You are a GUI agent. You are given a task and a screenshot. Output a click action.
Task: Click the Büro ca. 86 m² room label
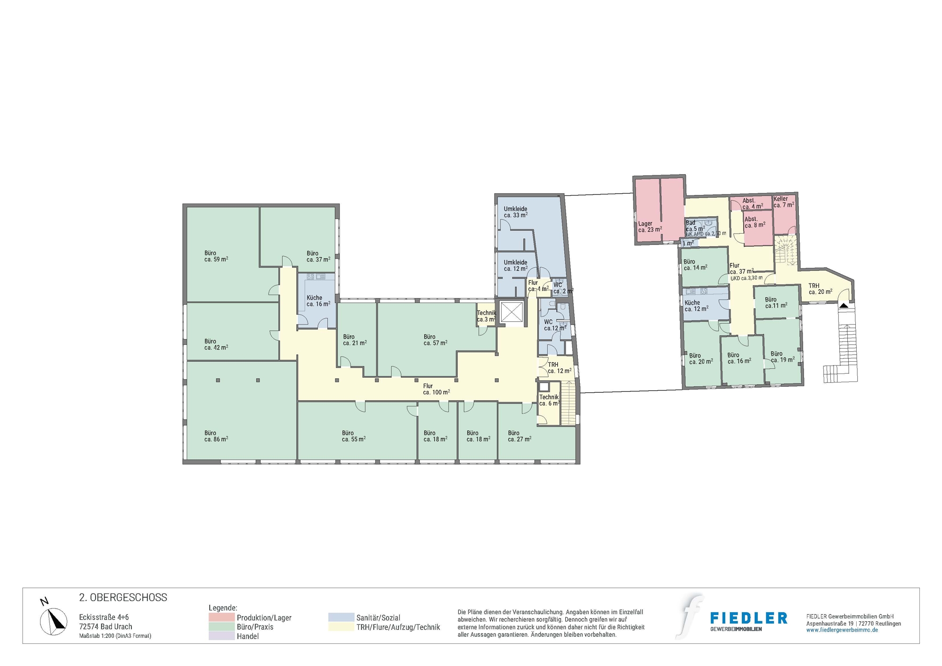tap(216, 436)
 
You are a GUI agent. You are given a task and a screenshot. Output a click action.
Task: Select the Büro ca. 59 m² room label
tap(216, 256)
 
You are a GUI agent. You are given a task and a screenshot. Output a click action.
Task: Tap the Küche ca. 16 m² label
tap(318, 301)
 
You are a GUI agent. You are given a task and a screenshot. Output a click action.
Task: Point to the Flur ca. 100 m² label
tap(436, 389)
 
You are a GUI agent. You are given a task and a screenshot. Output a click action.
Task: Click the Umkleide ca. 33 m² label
tap(516, 212)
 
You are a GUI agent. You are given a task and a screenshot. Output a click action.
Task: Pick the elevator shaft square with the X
tap(512, 312)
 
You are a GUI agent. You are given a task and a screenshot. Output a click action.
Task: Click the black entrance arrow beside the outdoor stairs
tap(844, 306)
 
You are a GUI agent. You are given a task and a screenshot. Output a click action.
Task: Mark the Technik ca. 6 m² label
tap(549, 400)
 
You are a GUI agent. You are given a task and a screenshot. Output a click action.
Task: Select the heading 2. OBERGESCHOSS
tap(123, 598)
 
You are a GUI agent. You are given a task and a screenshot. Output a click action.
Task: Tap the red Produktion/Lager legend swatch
tap(221, 617)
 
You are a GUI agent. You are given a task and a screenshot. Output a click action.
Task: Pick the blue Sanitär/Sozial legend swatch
tap(341, 617)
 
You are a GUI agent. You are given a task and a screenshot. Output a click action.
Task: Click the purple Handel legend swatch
tap(221, 636)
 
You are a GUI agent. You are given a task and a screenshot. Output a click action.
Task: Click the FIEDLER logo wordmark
tap(748, 618)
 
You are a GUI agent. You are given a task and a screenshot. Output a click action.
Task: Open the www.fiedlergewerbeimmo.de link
tap(842, 630)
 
